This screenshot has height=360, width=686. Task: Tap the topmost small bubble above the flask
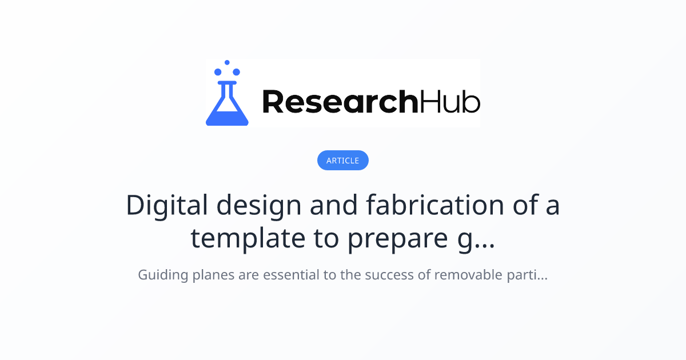pyautogui.click(x=227, y=62)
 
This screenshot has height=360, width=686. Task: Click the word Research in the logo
pyautogui.click(x=340, y=102)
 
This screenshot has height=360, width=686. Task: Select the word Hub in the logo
pyautogui.click(x=449, y=102)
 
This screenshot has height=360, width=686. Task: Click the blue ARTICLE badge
pyautogui.click(x=342, y=160)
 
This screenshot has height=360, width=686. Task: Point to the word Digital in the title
pyautogui.click(x=167, y=205)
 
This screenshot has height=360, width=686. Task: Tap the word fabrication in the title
pyautogui.click(x=435, y=205)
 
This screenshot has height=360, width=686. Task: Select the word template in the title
pyautogui.click(x=248, y=239)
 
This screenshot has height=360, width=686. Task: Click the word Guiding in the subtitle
pyautogui.click(x=163, y=275)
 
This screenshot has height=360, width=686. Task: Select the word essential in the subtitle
pyautogui.click(x=291, y=274)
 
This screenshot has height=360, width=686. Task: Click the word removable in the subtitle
pyautogui.click(x=468, y=274)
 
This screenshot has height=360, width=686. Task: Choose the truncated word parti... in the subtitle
pyautogui.click(x=527, y=275)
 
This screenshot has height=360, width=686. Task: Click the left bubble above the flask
pyautogui.click(x=218, y=72)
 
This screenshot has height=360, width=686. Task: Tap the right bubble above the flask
pyautogui.click(x=237, y=72)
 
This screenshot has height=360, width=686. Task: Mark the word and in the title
pyautogui.click(x=333, y=205)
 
